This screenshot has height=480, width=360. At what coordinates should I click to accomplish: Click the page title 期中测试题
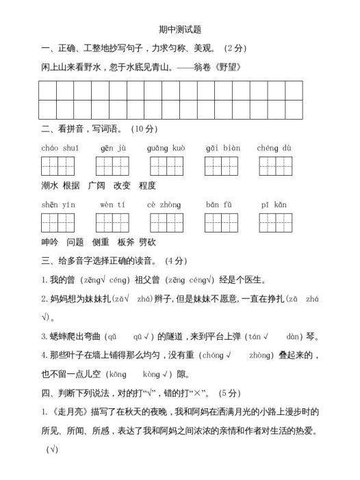coord(179,29)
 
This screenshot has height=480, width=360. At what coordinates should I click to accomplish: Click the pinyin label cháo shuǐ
coord(60,148)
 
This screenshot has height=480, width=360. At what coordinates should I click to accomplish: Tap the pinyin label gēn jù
coord(112,148)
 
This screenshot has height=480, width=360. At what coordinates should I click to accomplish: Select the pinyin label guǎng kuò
coord(166,148)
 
